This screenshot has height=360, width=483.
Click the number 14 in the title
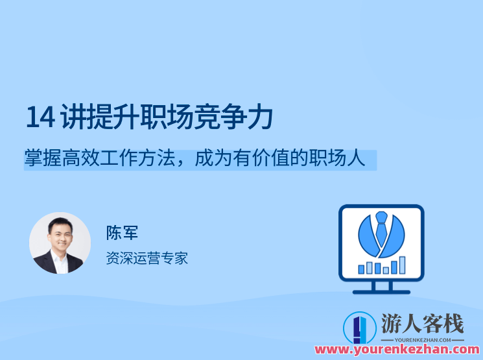click(39, 117)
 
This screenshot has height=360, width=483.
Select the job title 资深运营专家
click(147, 258)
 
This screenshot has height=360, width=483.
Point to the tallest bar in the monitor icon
click(402, 265)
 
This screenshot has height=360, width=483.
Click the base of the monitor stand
click(381, 291)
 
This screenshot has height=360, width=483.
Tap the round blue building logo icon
click(359, 328)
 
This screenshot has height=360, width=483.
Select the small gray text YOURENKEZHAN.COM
click(422, 339)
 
